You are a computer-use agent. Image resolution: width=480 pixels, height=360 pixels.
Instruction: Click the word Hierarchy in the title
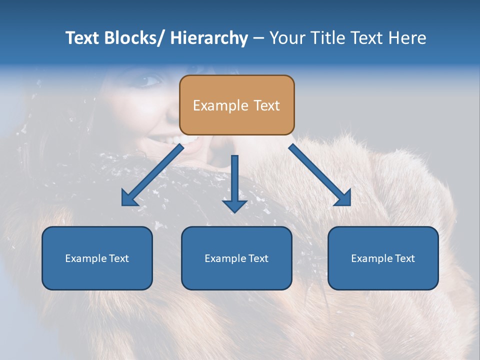(208, 38)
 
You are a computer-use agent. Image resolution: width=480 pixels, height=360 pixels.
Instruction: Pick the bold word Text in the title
(83, 38)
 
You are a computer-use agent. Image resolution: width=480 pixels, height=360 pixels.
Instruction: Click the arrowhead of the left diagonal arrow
(129, 198)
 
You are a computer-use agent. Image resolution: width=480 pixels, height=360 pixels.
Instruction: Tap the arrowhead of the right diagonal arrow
(343, 198)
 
